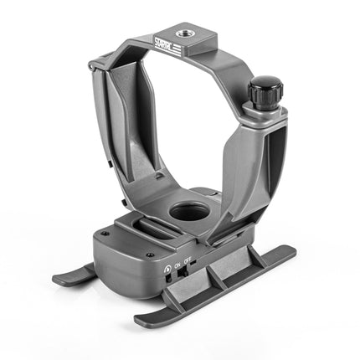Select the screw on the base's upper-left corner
tap(103, 234)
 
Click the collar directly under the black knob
tap(263, 113)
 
